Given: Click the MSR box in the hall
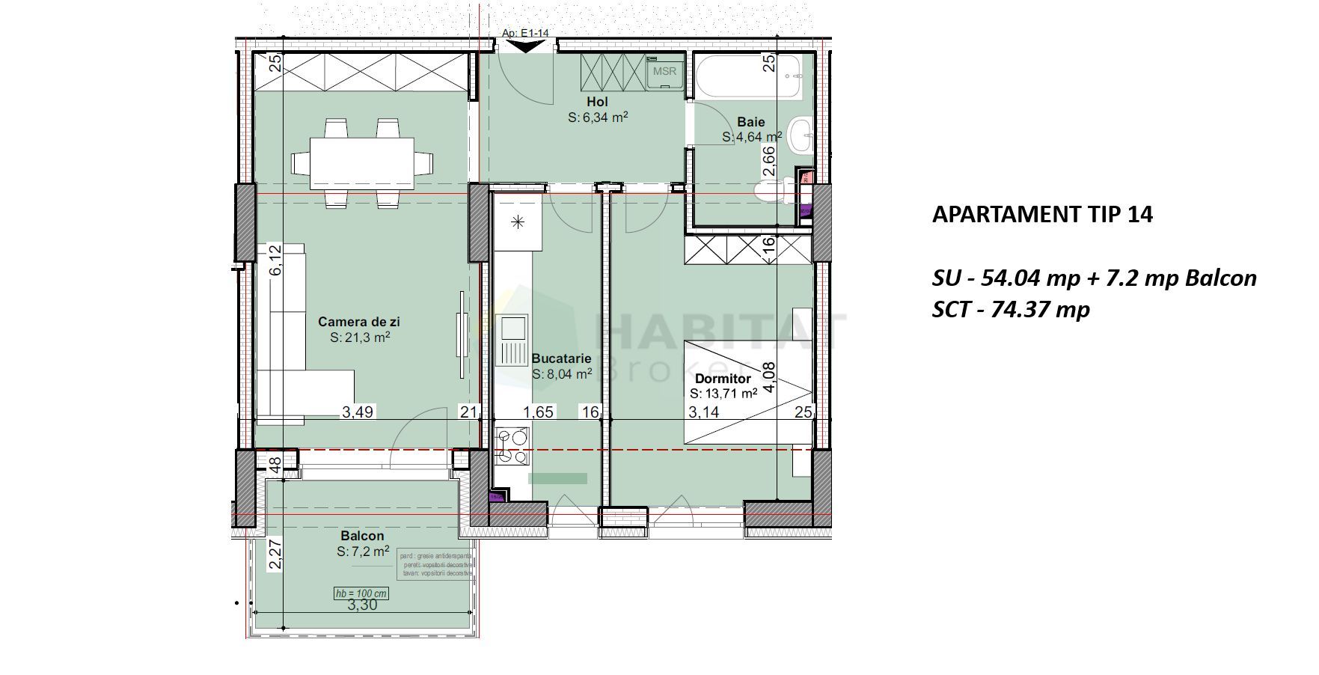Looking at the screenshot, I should tap(664, 72).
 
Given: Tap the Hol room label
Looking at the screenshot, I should tap(597, 102).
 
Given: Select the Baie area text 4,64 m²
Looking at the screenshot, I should tap(752, 138).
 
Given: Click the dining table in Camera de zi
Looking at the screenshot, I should tap(363, 162).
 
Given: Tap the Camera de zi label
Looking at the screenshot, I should tap(359, 322).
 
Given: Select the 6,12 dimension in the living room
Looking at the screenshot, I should tap(276, 260).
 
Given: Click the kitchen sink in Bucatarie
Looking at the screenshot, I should tap(513, 340).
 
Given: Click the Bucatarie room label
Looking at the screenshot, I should tap(561, 358).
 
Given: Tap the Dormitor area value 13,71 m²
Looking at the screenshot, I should tap(723, 393).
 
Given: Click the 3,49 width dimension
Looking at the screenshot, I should tap(358, 412).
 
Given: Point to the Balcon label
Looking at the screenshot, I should tap(362, 536).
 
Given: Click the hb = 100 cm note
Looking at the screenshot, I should tap(361, 593).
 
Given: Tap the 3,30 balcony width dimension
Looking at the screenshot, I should tap(362, 605).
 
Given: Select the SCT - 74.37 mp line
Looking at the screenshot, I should tap(1010, 309).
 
